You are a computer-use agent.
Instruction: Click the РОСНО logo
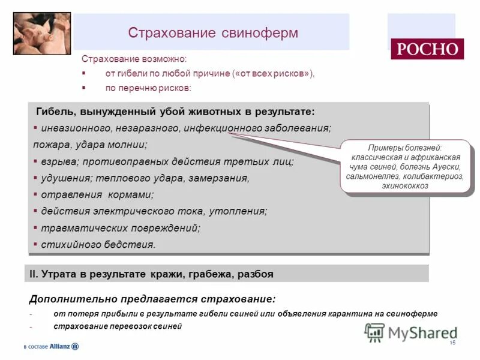pos(427,49)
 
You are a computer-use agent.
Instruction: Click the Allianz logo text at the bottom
pos(60,346)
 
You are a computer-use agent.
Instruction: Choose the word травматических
pos(83,228)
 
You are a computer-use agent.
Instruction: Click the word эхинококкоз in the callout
pos(405,186)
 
